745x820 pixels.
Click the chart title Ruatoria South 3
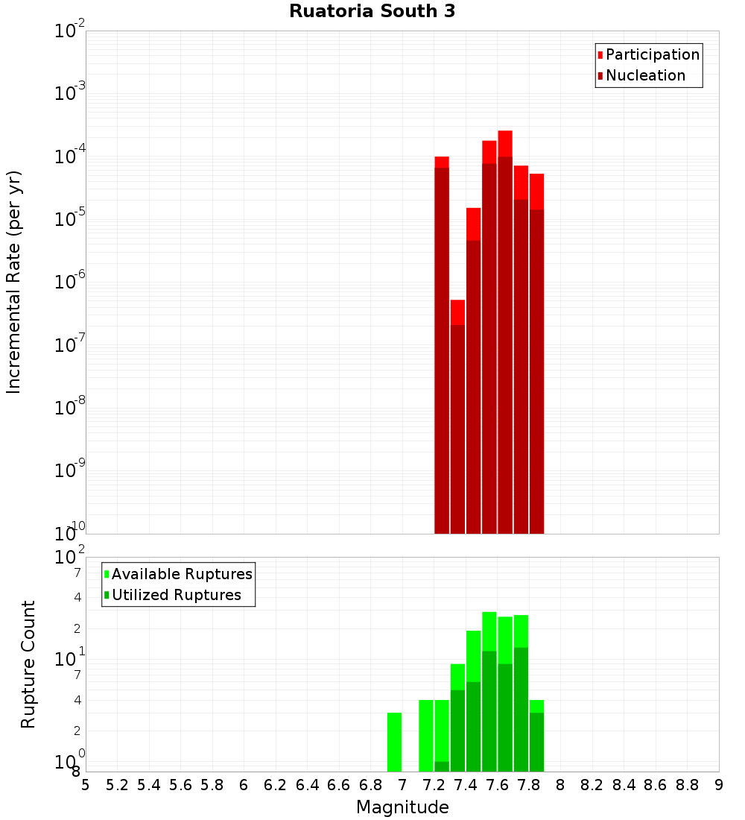[x=372, y=12]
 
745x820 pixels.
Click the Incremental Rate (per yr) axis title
[x=14, y=282]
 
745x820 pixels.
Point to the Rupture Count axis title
[x=28, y=664]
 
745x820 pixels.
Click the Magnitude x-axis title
[x=402, y=807]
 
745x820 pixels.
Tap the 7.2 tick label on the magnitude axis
[x=434, y=785]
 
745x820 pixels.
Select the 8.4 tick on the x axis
[x=624, y=785]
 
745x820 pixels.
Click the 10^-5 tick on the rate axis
[x=70, y=219]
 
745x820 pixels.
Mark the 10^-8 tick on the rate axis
[x=70, y=408]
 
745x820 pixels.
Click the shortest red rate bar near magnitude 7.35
[x=457, y=417]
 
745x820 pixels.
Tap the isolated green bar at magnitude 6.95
[x=394, y=742]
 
